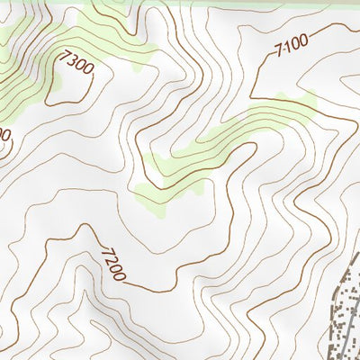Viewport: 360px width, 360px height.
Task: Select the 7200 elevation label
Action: point(112,263)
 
